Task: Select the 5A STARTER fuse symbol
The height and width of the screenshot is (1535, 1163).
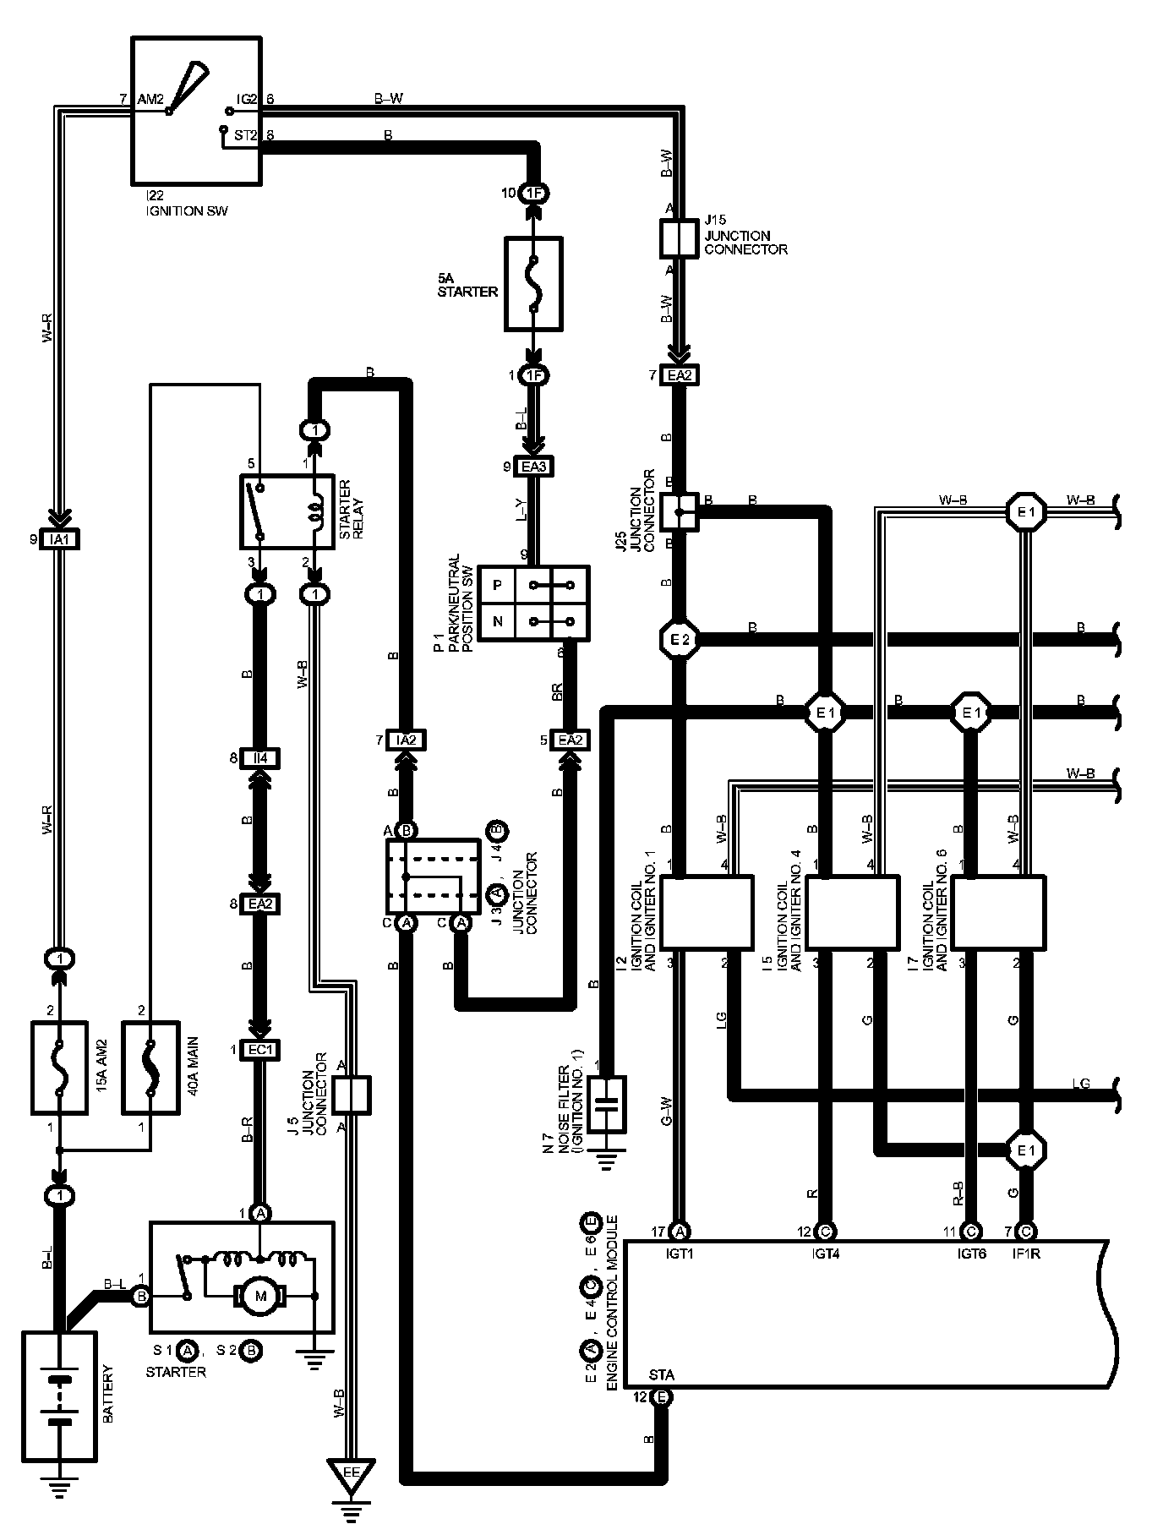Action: coord(533,284)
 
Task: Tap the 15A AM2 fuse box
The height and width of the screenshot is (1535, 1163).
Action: coord(59,1068)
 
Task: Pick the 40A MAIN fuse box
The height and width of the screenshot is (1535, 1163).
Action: coord(151,1068)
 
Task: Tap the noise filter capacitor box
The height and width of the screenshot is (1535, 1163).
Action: coord(607,1104)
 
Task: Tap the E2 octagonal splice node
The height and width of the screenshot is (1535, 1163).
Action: coord(680,640)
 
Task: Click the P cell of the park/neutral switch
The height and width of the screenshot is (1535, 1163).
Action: coord(498,585)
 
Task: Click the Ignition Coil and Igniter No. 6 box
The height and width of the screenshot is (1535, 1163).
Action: coord(998,912)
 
